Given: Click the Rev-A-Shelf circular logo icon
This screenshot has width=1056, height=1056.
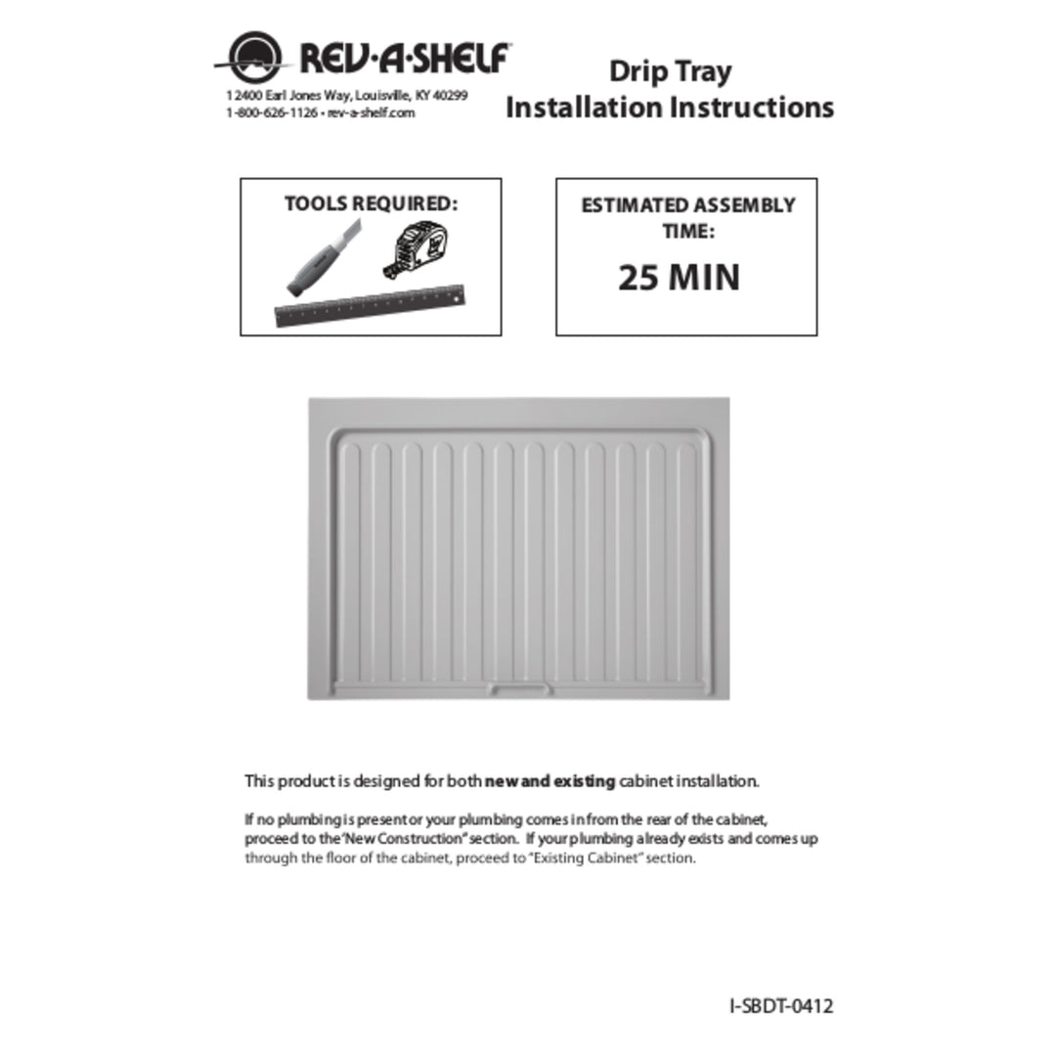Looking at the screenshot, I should coord(253,58).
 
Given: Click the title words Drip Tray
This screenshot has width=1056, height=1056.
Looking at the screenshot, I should coord(670,71).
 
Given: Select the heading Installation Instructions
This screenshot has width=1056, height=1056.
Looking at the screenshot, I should coord(670,107).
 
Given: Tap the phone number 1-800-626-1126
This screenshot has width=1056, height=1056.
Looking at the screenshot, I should coord(271,112).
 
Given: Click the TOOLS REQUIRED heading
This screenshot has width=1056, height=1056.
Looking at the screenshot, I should coord(371,203).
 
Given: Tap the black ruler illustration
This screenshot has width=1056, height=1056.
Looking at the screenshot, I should coord(369,304).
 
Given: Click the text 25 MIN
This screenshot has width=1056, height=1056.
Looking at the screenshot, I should coord(679,278).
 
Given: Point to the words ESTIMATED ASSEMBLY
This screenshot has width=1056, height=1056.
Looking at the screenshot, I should coord(687,205).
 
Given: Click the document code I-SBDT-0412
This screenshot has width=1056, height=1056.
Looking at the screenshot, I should coord(781,1005).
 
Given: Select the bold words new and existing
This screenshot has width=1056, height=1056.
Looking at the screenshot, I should coord(550,782).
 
